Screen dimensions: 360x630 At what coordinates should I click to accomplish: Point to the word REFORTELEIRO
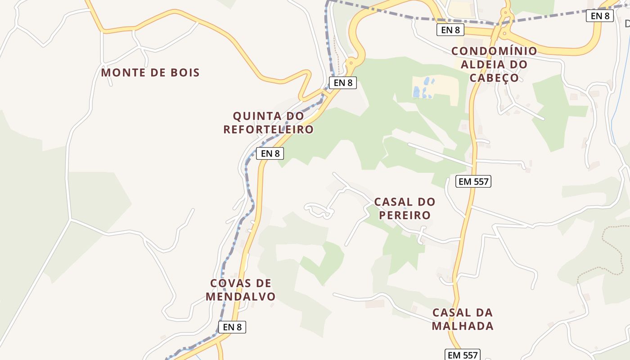pos(269,130)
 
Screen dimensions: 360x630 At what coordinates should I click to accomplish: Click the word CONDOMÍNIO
pos(494,51)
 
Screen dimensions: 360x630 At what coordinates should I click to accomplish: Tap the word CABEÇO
pos(494,78)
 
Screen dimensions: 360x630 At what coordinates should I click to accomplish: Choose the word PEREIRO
pos(405,215)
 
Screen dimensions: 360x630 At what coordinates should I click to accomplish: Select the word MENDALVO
pos(241,297)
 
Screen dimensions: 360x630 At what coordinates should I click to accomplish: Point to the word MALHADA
pos(463,326)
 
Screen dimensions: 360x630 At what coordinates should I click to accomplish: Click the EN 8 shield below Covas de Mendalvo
pos(232,327)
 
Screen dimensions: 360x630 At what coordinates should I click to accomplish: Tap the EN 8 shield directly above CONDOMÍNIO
pos(450,30)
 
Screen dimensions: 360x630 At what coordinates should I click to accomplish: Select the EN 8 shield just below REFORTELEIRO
pos(270,153)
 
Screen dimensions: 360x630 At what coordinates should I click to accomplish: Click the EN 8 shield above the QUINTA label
pos(343,83)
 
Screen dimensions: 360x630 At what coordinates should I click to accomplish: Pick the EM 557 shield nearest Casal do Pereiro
pos(473,181)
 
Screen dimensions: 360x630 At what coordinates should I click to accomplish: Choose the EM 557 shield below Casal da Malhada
pos(463,355)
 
